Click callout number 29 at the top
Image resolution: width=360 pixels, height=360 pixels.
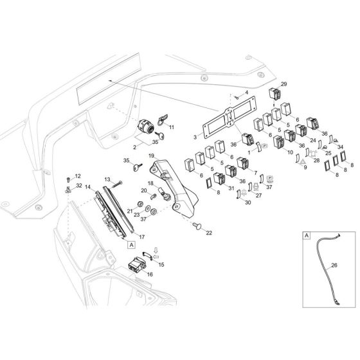point(284,85)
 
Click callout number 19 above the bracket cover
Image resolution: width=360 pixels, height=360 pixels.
point(151,156)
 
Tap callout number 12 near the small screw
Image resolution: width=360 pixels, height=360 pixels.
point(78,176)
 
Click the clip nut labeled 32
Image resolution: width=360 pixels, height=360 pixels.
point(69,191)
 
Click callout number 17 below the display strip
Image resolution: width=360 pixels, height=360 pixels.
point(141,237)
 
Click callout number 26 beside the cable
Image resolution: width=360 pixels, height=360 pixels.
point(334,264)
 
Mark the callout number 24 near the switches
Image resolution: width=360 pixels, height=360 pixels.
point(313,139)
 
